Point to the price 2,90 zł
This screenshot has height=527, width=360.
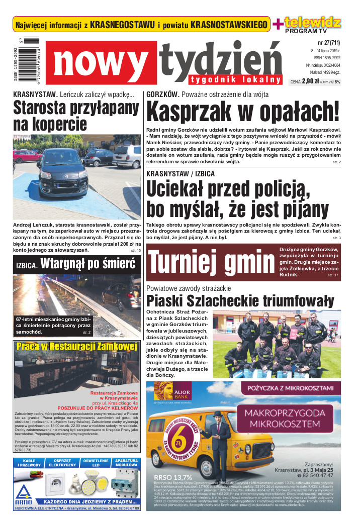click(x=311, y=81)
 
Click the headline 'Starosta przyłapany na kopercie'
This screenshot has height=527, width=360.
click(x=76, y=116)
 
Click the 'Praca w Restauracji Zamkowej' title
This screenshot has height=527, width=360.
click(x=76, y=347)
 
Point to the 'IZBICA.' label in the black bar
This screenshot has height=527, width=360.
click(x=26, y=265)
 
